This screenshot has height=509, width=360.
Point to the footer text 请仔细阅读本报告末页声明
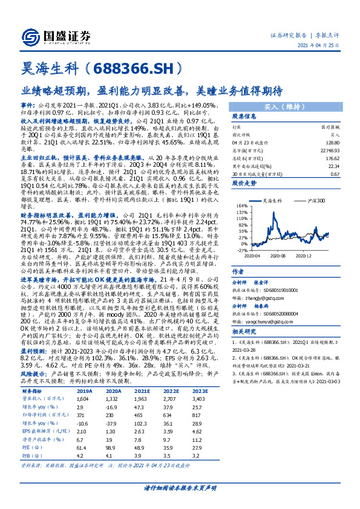(x=180, y=488)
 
